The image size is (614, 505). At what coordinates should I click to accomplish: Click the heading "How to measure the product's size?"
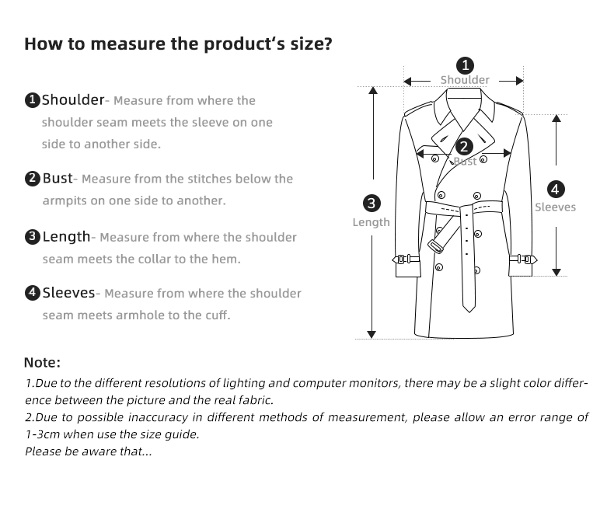coord(178,43)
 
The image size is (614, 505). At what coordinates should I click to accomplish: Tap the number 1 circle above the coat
coord(465,65)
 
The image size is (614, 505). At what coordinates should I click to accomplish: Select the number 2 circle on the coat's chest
coord(464,146)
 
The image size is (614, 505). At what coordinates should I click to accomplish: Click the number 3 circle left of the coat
coord(372,204)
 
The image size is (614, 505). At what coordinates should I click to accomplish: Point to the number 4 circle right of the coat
coord(556,189)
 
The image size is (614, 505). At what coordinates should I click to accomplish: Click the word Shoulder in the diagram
coord(465,80)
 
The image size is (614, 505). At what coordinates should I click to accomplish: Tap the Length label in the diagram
coord(372,222)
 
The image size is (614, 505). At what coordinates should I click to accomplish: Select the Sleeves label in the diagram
coord(555,207)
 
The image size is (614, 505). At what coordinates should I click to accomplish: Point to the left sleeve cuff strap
coord(407,259)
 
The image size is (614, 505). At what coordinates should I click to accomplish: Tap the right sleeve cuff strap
coord(522,259)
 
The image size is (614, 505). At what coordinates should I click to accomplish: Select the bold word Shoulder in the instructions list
coord(72,99)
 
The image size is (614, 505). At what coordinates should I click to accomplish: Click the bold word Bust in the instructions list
coord(57,178)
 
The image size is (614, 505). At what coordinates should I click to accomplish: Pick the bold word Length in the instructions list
coord(66,236)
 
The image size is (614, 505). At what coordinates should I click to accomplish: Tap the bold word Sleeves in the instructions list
coord(68,293)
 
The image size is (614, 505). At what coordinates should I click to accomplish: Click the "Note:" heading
coord(42,363)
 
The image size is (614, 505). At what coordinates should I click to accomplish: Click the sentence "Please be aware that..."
coord(89,451)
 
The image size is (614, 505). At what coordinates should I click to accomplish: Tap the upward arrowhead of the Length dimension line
coord(372,91)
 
